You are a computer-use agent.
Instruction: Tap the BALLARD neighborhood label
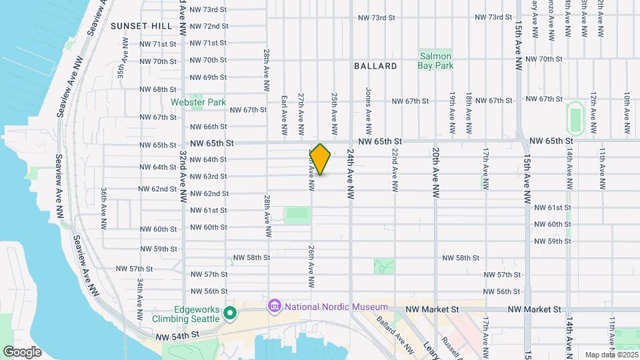375,66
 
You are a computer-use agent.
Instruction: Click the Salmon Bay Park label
435,61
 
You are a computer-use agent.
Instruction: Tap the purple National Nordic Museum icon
273,307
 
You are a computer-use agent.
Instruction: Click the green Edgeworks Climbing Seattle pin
230,313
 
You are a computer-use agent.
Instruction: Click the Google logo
22,352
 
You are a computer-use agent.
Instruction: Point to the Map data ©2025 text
611,355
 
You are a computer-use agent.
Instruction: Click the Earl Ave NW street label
284,107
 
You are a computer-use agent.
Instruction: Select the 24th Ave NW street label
349,175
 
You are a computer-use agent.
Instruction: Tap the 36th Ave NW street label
104,209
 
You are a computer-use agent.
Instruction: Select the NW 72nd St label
209,26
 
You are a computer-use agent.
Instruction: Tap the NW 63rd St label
209,177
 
